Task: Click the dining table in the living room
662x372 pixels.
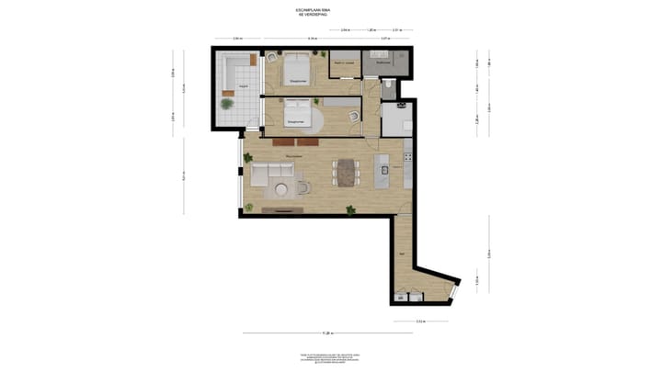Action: tap(347, 172)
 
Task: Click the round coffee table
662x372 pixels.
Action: tap(281, 190)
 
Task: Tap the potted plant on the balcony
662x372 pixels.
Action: tap(226, 103)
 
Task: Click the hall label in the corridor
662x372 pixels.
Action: tap(402, 252)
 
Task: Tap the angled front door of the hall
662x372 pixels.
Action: tap(450, 291)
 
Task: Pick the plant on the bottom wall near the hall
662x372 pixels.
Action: tap(350, 210)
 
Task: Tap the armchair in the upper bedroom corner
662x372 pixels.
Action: tap(271, 58)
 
